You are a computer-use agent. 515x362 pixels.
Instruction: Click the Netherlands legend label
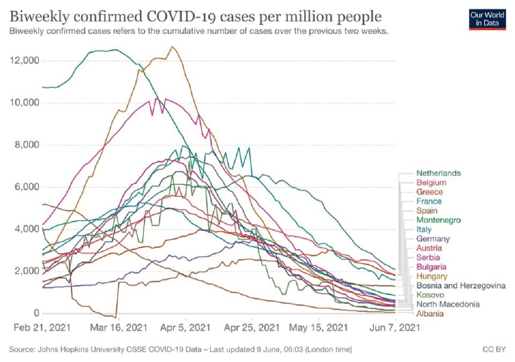tap(438, 173)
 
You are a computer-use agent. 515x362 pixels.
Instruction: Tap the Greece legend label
tap(429, 192)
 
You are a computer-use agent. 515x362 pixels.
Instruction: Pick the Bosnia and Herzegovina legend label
tap(461, 285)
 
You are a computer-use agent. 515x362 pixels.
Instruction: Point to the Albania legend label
tap(430, 314)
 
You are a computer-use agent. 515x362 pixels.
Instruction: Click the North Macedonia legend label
tap(448, 304)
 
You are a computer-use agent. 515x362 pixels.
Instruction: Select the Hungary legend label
tap(431, 276)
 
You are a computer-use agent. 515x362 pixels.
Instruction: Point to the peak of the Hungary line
tap(172, 47)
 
